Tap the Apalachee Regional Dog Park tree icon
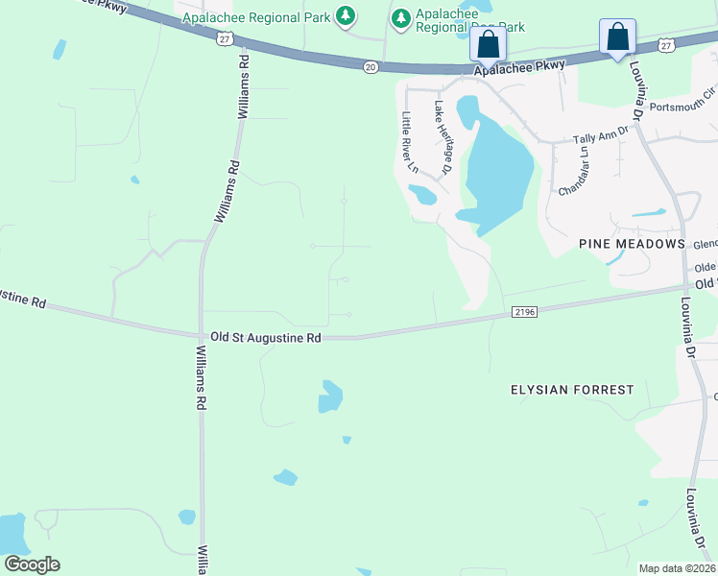pyautogui.click(x=401, y=16)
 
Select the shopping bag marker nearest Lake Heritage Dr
pyautogui.click(x=488, y=44)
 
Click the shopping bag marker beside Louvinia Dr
pyautogui.click(x=617, y=38)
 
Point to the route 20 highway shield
pyautogui.click(x=371, y=66)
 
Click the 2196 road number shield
pyautogui.click(x=523, y=311)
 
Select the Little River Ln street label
pyautogui.click(x=410, y=143)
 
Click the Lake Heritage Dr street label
pyautogui.click(x=443, y=138)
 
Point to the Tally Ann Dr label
pyautogui.click(x=600, y=136)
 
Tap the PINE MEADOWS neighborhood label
pyautogui.click(x=632, y=245)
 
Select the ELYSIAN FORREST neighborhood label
pyautogui.click(x=571, y=390)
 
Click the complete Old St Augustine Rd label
pyautogui.click(x=265, y=338)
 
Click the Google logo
pyautogui.click(x=32, y=564)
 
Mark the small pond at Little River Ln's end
pyautogui.click(x=421, y=195)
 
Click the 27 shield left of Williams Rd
pyautogui.click(x=224, y=37)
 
